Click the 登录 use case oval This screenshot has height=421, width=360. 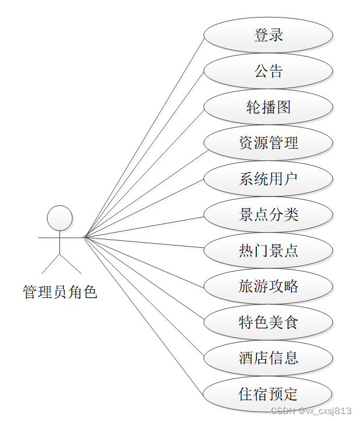point(269,35)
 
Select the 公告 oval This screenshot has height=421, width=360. point(269,71)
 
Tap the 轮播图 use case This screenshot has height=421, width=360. point(269,107)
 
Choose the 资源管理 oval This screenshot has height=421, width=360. point(269,143)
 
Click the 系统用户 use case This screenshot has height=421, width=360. point(269,179)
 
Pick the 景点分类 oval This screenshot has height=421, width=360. point(269,215)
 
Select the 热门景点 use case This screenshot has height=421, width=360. point(269,251)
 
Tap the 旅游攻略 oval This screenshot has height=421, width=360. point(269,286)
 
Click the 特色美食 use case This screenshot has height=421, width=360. point(269,322)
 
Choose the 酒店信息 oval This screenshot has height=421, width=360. point(269,358)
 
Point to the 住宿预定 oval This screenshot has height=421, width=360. point(269,394)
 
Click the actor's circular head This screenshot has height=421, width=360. point(59,218)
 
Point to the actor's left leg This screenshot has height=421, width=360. point(50,265)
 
